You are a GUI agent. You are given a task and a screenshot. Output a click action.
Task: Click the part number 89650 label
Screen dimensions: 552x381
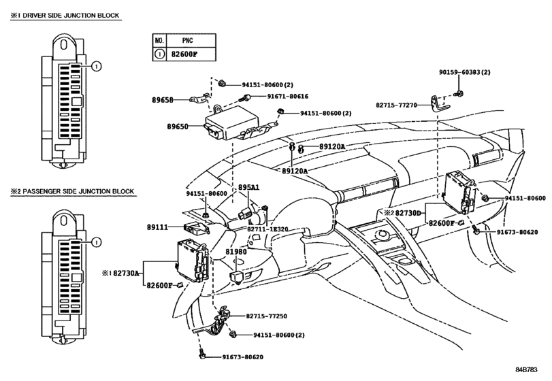pyautogui.click(x=178, y=127)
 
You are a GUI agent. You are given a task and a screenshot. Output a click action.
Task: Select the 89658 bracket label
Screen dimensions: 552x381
pyautogui.click(x=163, y=100)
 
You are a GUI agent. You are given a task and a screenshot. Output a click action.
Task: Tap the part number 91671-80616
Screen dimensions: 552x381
pyautogui.click(x=288, y=96)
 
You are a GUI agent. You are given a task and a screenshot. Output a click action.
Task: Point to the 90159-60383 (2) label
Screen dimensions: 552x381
pyautogui.click(x=465, y=72)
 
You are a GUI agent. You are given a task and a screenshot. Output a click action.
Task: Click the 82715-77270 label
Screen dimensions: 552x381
pyautogui.click(x=396, y=105)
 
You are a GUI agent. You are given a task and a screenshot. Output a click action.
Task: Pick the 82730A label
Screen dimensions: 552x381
pyautogui.click(x=126, y=273)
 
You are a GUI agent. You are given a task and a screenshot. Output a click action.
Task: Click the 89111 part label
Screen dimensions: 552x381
pyautogui.click(x=157, y=227)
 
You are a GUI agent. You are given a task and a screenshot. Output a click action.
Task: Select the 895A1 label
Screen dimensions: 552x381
pyautogui.click(x=248, y=188)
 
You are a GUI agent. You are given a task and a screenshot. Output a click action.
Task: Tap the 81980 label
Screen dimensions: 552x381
pyautogui.click(x=236, y=252)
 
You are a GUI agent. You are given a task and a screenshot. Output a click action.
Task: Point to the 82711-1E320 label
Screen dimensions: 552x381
pyautogui.click(x=267, y=229)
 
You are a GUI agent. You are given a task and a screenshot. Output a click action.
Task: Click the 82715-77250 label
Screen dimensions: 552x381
pyautogui.click(x=267, y=316)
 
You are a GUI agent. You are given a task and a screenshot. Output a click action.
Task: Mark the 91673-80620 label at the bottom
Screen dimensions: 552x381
pyautogui.click(x=242, y=357)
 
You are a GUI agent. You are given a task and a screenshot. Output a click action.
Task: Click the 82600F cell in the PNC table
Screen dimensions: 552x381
pyautogui.click(x=184, y=54)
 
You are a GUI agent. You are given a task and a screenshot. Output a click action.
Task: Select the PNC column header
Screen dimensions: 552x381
pyautogui.click(x=188, y=40)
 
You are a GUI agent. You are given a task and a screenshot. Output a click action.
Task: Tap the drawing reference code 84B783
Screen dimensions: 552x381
pyautogui.click(x=527, y=369)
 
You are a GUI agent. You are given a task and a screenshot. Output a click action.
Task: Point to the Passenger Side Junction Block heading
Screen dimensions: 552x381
pyautogui.click(x=72, y=191)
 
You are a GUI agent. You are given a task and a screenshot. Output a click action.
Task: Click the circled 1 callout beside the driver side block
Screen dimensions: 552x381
pyautogui.click(x=97, y=66)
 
